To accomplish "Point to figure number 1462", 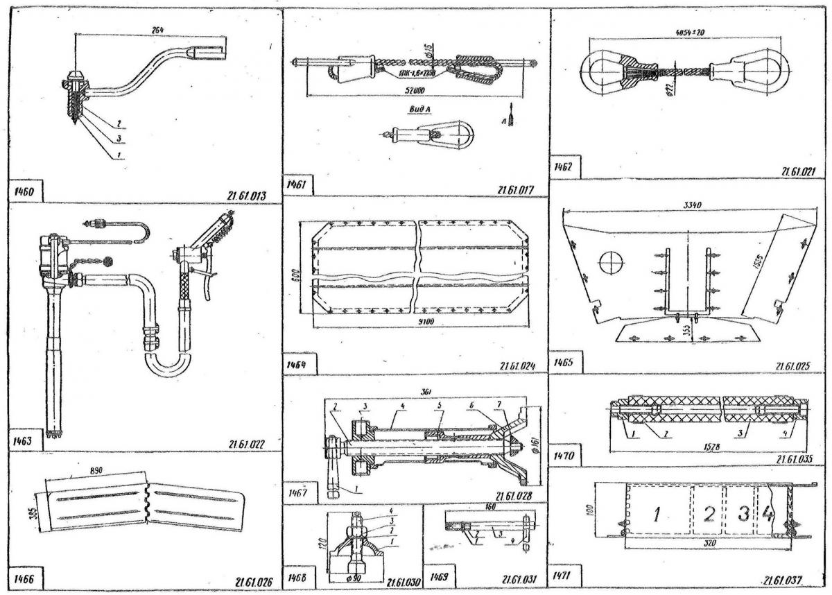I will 566,168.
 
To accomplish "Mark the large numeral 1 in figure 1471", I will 655,514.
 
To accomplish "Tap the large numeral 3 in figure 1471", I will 743,514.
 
